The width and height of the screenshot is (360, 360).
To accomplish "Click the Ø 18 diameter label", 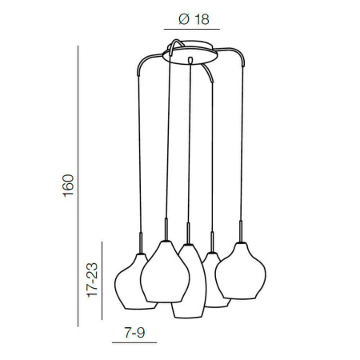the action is click(194, 19).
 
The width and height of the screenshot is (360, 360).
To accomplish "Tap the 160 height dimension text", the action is click(68, 186).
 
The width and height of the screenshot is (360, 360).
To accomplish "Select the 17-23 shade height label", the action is click(93, 280).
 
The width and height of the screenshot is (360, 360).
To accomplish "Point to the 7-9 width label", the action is click(134, 333).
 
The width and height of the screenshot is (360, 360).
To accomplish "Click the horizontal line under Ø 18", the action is click(192, 29).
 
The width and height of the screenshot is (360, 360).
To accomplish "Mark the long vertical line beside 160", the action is click(78, 186).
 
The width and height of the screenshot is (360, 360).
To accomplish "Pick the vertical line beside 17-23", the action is click(102, 281).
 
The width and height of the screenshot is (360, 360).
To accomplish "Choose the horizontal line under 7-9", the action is click(134, 342).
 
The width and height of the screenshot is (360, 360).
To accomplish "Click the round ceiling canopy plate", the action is click(190, 54).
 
